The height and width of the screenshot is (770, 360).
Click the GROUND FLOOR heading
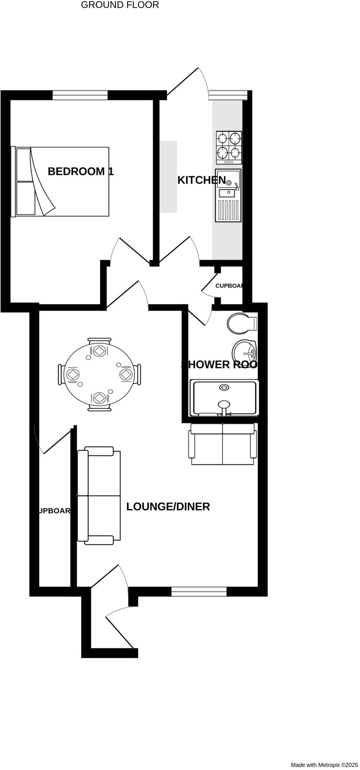(120, 5)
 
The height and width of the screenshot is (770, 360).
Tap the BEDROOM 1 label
(81, 171)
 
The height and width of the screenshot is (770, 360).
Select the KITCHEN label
(201, 180)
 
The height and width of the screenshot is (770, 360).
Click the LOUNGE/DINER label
(168, 506)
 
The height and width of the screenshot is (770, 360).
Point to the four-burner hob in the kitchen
(229, 147)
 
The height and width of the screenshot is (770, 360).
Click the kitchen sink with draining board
(228, 195)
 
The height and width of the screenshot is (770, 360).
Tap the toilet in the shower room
(241, 323)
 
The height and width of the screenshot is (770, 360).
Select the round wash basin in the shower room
(244, 352)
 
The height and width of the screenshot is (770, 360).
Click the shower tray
(224, 398)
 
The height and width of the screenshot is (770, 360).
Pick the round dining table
(99, 374)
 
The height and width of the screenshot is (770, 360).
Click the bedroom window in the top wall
(80, 95)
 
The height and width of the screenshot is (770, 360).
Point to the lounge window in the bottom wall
(199, 591)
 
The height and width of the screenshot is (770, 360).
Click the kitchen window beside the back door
(228, 95)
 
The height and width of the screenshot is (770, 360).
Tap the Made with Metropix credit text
(324, 765)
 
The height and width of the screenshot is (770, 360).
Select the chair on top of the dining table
(99, 341)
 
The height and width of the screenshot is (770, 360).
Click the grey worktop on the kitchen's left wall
(168, 177)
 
